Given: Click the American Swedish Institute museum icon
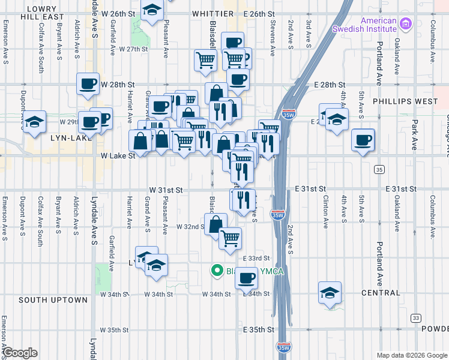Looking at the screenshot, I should click(406, 24).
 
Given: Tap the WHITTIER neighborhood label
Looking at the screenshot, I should click(213, 13).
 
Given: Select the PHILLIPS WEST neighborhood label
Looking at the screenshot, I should click(405, 101).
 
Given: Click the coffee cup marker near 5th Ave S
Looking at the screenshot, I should click(363, 140).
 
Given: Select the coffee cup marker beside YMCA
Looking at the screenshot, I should click(246, 278).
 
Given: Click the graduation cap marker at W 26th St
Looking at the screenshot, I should click(152, 10).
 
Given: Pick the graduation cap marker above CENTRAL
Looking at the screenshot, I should click(330, 293).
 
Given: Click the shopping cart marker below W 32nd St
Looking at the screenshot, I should click(230, 238).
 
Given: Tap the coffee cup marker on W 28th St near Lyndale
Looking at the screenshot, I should click(88, 83).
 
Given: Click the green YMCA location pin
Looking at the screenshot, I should click(217, 271).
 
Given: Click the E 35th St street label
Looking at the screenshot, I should click(259, 330).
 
